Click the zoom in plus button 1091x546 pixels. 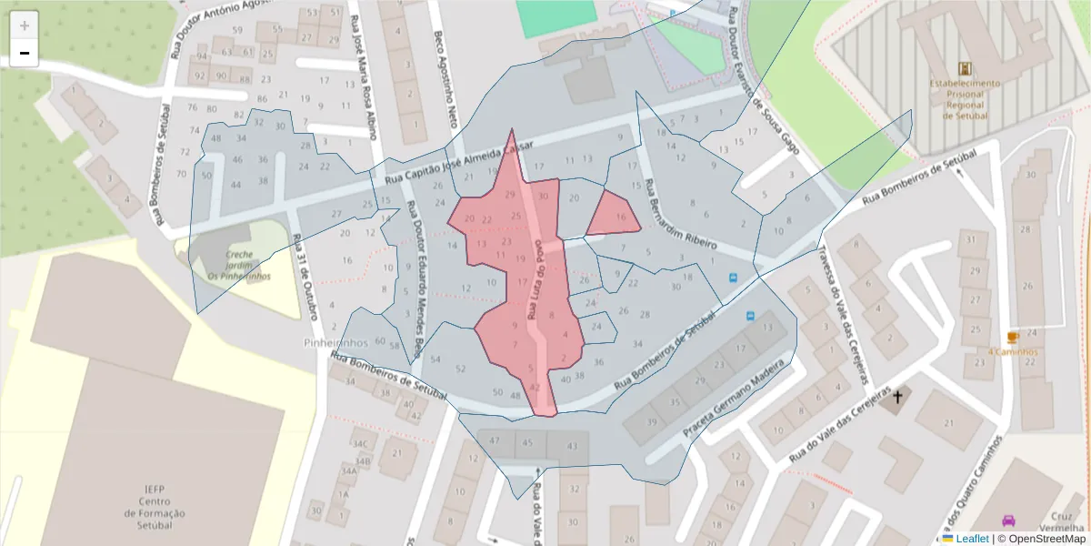pyautogui.click(x=24, y=25)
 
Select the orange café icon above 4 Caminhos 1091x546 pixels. pyautogui.click(x=1013, y=337)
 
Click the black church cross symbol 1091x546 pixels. pyautogui.click(x=898, y=396)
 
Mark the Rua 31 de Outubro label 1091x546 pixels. pyautogui.click(x=304, y=278)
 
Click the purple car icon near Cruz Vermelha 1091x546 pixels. pyautogui.click(x=1008, y=521)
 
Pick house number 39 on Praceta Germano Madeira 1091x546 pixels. pyautogui.click(x=652, y=421)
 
